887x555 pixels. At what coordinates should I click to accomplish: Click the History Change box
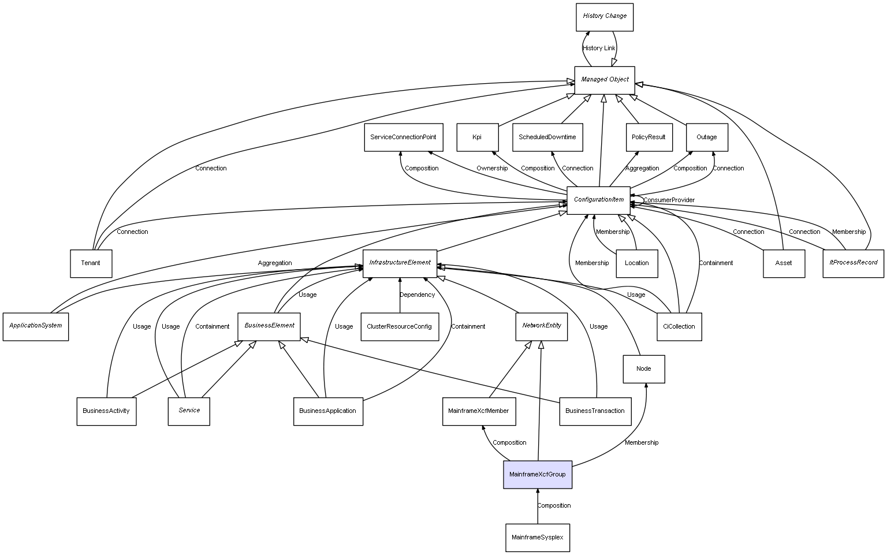click(x=605, y=17)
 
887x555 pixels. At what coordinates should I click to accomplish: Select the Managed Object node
click(x=605, y=80)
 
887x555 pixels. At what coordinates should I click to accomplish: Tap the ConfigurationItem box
click(x=598, y=200)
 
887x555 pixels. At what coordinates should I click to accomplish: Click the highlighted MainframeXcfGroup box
click(x=537, y=474)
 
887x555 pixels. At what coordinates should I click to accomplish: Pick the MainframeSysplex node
click(x=537, y=538)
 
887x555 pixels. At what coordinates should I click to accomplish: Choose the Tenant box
click(x=91, y=263)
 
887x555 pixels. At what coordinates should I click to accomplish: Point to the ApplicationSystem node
click(x=36, y=326)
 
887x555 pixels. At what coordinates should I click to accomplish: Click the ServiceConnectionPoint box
click(x=403, y=137)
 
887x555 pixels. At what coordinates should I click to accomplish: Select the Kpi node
click(x=477, y=137)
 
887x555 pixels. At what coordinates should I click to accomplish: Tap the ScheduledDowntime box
click(x=547, y=137)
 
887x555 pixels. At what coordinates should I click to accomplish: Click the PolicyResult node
click(x=649, y=137)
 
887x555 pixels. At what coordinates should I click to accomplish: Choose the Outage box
click(x=706, y=137)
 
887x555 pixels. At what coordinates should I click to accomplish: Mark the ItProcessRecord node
click(x=853, y=263)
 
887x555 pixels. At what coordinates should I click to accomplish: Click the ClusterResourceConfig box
click(x=399, y=327)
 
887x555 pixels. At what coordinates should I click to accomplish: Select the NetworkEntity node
click(x=541, y=326)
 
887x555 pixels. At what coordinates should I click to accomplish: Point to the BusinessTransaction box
click(x=595, y=411)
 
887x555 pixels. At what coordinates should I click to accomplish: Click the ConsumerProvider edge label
click(x=669, y=200)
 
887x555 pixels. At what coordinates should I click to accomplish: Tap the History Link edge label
click(x=599, y=49)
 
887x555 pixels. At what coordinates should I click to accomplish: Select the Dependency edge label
click(x=417, y=295)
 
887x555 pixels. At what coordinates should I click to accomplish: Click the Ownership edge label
click(x=492, y=169)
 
